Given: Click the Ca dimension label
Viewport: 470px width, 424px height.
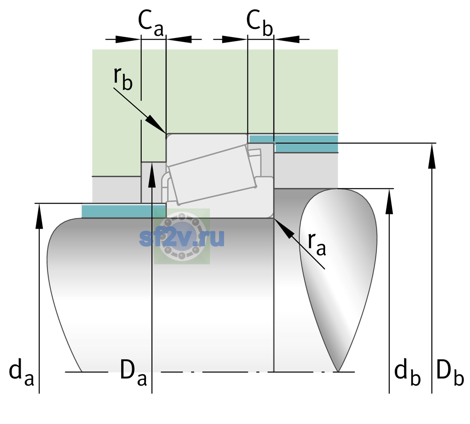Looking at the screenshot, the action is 151,23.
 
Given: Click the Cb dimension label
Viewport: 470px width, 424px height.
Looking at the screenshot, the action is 260,23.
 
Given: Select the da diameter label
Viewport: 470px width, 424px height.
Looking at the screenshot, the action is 22,375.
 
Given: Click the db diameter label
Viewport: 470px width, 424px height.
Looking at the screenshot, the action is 407,375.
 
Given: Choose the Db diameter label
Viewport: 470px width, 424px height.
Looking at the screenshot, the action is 450,375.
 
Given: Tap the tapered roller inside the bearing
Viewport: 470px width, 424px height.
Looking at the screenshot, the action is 212,175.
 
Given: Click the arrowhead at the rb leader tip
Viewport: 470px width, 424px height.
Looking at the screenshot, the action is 155,124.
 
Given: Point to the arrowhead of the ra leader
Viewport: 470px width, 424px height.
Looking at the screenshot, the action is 283,228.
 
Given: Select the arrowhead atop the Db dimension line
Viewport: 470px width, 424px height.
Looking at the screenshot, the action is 432,156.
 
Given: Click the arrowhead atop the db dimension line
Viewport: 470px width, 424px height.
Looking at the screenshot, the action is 389,201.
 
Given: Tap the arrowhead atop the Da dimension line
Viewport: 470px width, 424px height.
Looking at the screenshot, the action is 152,175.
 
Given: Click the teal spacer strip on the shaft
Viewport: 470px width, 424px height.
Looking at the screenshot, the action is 123,211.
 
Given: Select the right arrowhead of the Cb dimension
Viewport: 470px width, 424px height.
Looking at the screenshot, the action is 287,39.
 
